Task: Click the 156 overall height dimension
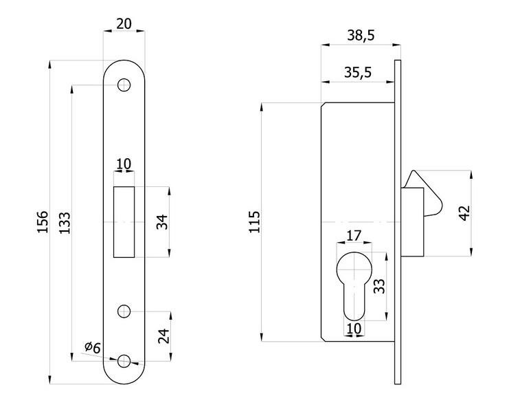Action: click(42, 222)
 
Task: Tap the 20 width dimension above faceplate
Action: click(124, 23)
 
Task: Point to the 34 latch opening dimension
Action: click(162, 221)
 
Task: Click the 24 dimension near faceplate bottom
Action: click(163, 336)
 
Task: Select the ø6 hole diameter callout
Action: click(92, 348)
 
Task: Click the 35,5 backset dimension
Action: click(357, 72)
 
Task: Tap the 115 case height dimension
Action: click(254, 222)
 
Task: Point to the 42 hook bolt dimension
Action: click(464, 212)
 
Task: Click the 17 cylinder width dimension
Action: click(354, 236)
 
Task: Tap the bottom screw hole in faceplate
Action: click(124, 361)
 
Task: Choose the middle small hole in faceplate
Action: click(124, 311)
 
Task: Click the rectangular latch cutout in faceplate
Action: click(124, 222)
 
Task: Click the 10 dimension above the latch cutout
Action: click(124, 163)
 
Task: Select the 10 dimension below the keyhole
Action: click(354, 329)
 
